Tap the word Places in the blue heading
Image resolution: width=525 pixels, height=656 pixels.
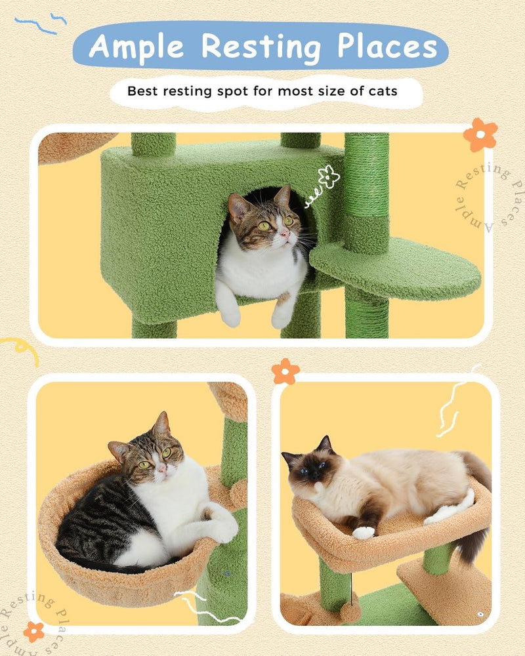[387, 47]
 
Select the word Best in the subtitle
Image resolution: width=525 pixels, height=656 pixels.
[143, 91]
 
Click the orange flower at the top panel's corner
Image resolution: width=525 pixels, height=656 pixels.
[480, 134]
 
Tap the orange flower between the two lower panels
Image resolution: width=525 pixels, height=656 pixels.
[285, 371]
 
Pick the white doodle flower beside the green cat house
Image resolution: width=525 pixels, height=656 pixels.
[327, 176]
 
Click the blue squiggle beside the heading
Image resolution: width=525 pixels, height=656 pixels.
[41, 24]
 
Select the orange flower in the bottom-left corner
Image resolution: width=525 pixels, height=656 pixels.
[34, 631]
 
